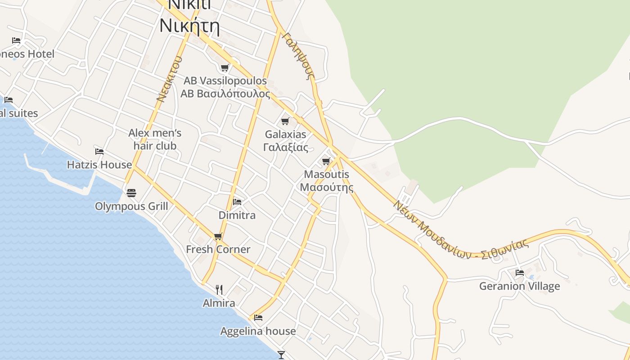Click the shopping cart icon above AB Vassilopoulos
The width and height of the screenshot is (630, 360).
tap(225, 68)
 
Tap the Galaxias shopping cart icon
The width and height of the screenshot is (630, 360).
tap(285, 121)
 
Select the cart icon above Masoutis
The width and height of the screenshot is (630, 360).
tap(326, 161)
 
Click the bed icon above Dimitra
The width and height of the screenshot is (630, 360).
tap(237, 202)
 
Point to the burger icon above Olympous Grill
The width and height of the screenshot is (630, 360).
tap(131, 193)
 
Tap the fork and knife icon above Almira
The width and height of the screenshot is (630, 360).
tap(219, 289)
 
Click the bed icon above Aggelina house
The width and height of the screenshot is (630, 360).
tap(258, 318)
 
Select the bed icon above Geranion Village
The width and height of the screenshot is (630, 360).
tap(520, 273)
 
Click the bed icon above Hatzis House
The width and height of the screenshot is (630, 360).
tap(99, 152)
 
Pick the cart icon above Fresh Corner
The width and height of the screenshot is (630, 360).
tap(218, 236)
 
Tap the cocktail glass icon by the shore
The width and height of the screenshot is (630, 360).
tap(281, 355)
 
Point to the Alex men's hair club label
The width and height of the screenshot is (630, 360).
tap(155, 139)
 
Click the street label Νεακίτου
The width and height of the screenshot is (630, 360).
tap(169, 79)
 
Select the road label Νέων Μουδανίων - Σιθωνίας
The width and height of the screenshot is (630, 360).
tap(460, 231)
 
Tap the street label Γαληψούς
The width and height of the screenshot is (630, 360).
tap(298, 56)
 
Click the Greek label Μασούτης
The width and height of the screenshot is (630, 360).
tap(326, 187)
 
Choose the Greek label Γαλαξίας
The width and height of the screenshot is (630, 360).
tap(286, 147)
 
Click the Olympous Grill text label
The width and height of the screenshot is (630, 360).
tap(131, 206)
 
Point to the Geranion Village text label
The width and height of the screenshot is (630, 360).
tap(519, 286)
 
